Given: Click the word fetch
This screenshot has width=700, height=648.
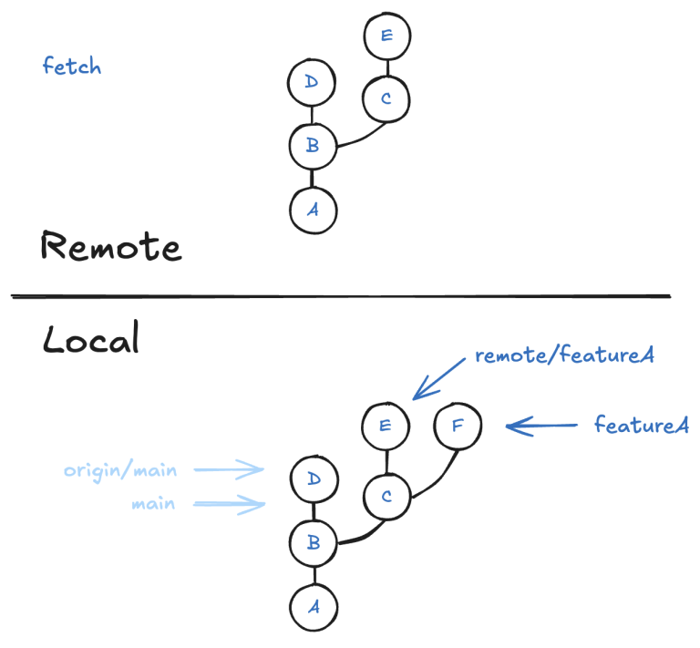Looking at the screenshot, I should [72, 67].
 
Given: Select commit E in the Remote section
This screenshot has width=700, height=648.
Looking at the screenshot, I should [386, 36].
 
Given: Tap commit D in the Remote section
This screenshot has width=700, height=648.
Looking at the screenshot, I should [312, 83].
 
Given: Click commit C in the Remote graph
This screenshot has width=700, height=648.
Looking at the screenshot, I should [386, 98].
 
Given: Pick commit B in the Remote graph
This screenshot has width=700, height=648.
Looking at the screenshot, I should [312, 145].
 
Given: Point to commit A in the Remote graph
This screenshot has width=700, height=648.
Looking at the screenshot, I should [313, 209].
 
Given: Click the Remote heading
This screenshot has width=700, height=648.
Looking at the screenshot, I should [110, 246].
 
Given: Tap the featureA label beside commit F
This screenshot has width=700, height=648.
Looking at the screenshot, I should [641, 424].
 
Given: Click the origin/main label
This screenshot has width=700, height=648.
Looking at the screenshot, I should [120, 471].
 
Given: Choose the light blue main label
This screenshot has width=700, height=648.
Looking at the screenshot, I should [152, 503].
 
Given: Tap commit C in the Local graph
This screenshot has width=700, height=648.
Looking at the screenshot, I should [386, 497].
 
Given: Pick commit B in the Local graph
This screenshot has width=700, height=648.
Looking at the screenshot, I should [313, 543].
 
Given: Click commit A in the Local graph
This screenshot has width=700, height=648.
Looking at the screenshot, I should [313, 605].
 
